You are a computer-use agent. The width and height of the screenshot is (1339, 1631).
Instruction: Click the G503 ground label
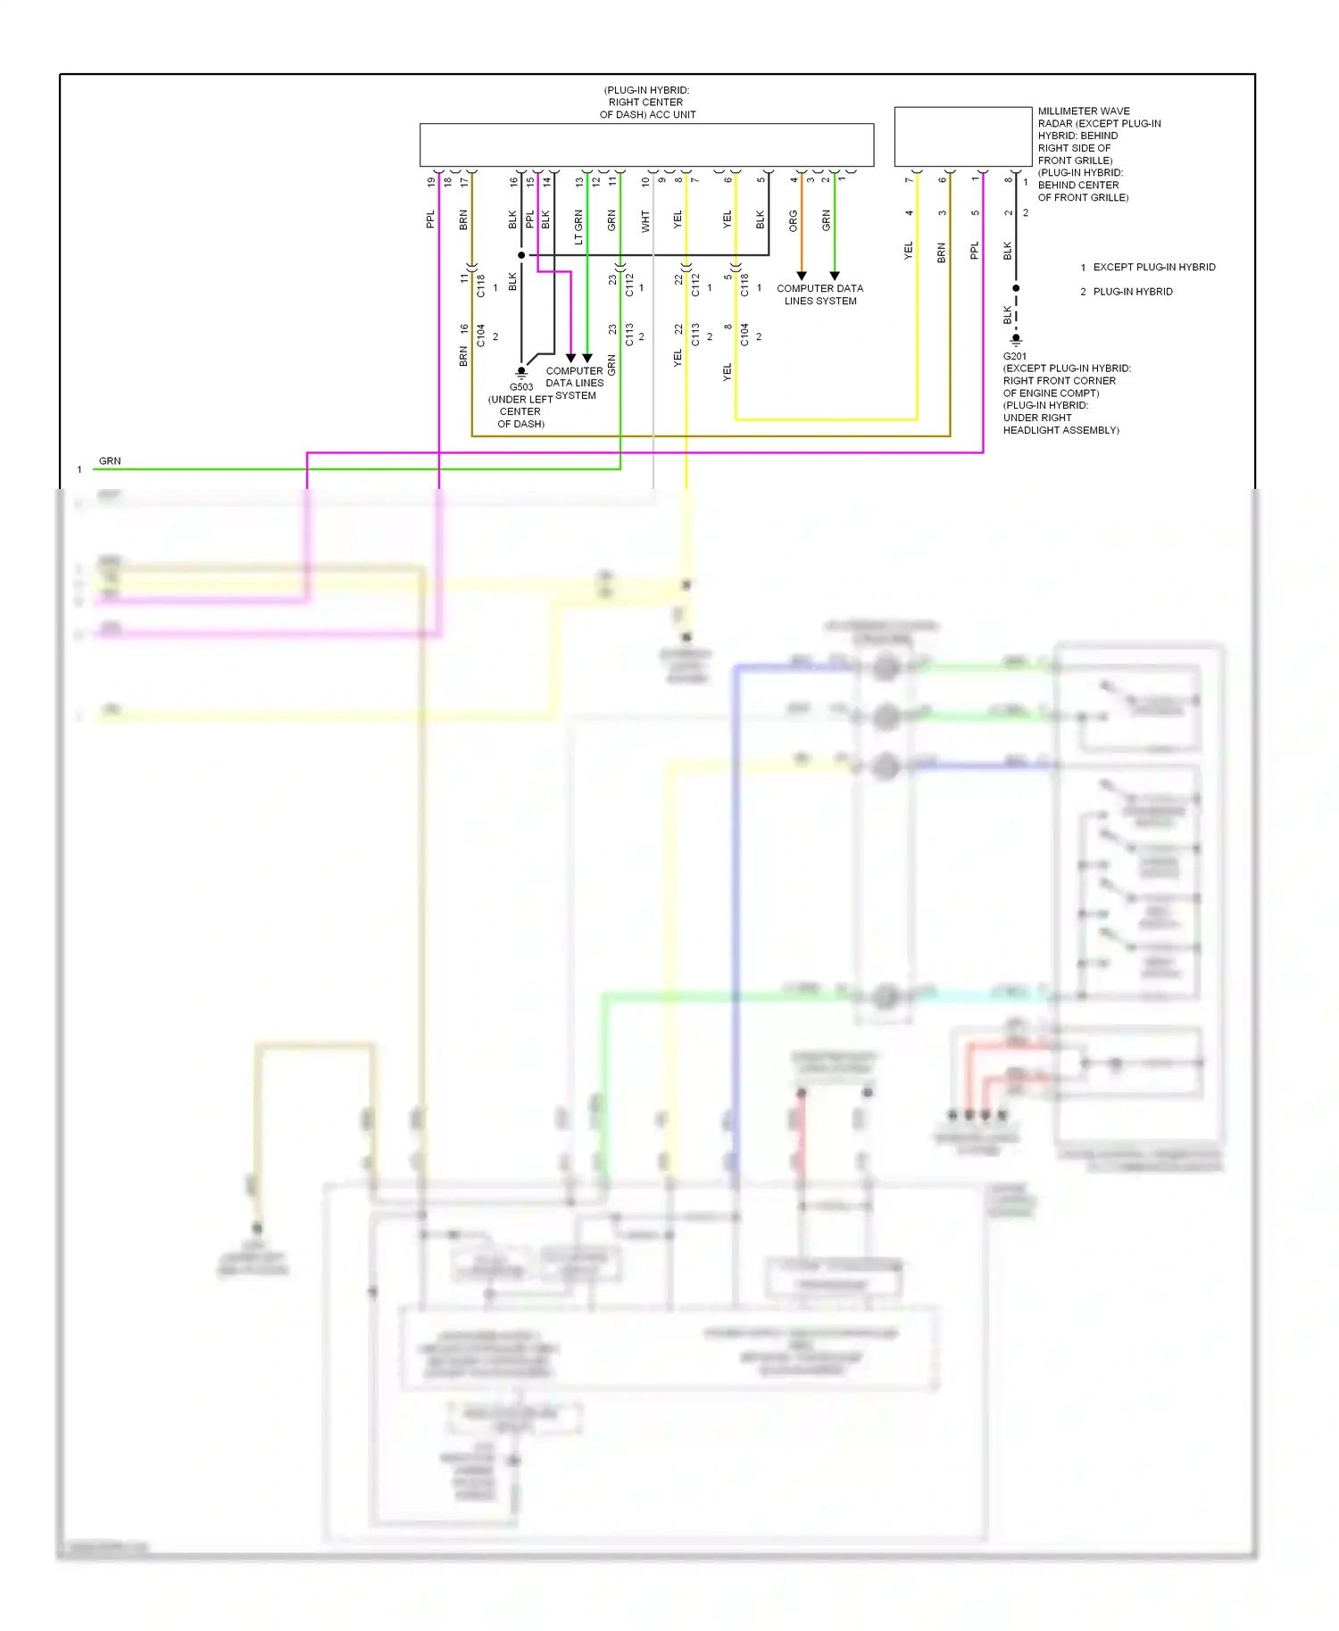[x=521, y=386]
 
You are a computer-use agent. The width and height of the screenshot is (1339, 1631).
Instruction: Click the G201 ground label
[x=1014, y=356]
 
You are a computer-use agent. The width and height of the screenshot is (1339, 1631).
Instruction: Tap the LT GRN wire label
[x=578, y=228]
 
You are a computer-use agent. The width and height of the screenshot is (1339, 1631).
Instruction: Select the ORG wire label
[x=793, y=221]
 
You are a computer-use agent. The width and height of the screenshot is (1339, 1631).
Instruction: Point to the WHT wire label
[x=645, y=221]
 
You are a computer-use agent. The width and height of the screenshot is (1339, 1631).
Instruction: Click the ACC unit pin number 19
[x=431, y=182]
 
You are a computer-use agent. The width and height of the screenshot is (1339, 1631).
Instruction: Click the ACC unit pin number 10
[x=645, y=182]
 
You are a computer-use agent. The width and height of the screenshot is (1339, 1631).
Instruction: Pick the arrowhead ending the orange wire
[x=802, y=276]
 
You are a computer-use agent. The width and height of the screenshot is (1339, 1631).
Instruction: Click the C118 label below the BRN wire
[x=480, y=286]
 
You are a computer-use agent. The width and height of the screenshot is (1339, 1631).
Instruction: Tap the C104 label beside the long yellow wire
[x=744, y=335]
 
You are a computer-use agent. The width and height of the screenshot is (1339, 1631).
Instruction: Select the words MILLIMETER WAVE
[x=1083, y=112]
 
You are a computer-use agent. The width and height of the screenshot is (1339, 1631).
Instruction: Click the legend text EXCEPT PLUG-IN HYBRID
[x=1153, y=267]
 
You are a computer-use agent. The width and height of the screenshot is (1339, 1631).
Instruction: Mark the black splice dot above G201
[x=1016, y=288]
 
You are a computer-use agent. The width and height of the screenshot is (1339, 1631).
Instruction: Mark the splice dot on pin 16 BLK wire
[x=521, y=255]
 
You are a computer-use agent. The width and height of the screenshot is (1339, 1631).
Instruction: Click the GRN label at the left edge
[x=110, y=461]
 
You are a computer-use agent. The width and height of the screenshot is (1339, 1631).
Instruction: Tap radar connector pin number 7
[x=909, y=180]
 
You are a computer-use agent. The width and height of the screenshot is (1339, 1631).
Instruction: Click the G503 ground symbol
[x=521, y=372]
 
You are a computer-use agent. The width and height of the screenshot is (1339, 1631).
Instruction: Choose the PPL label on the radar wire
[x=975, y=250]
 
